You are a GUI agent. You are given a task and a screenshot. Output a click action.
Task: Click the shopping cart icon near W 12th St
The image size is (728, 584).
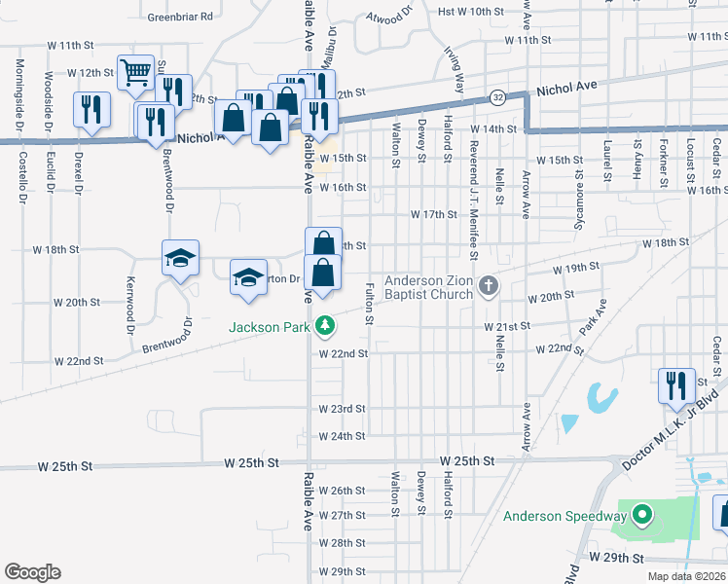click(x=134, y=72)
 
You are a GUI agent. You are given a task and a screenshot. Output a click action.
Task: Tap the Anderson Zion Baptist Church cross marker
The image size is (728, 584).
click(x=489, y=286)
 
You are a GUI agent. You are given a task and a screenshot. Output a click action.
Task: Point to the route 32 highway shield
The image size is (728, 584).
click(x=497, y=98)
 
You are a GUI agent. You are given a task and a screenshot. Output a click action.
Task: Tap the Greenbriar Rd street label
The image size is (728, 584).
click(x=179, y=17)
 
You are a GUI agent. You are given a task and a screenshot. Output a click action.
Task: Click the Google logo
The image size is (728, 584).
click(x=32, y=572)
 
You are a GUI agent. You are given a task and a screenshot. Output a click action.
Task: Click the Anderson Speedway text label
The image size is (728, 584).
click(x=564, y=516)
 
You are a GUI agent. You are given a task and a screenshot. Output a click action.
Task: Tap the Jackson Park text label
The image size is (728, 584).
click(x=274, y=327)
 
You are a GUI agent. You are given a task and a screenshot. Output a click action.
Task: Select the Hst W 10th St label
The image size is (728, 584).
click(x=473, y=12)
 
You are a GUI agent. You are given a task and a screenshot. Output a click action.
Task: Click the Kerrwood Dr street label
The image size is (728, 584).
click(x=129, y=302)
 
